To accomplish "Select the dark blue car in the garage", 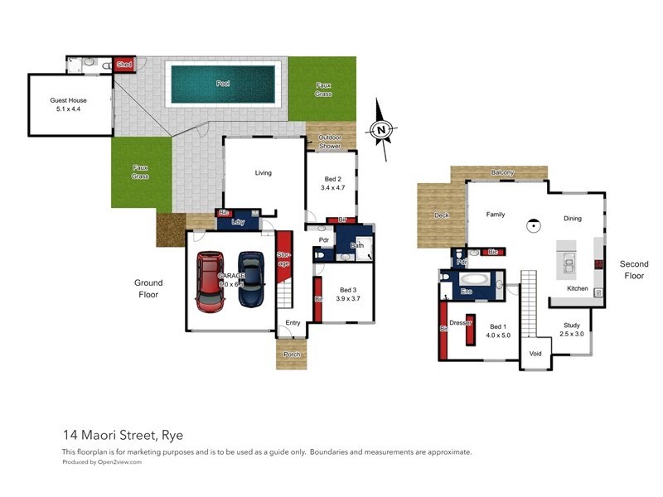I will [x=251, y=280].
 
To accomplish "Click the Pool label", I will [x=223, y=84].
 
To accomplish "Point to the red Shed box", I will [x=124, y=65].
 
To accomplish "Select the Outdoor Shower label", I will [x=331, y=142].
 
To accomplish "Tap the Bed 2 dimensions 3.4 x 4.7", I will [x=331, y=188].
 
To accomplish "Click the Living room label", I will [x=263, y=173].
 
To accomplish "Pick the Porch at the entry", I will [x=291, y=355].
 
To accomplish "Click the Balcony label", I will [x=502, y=172].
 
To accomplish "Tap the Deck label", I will [x=441, y=215].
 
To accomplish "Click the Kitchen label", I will [x=578, y=288].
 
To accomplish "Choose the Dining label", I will [x=572, y=219].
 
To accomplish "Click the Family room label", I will [x=496, y=215].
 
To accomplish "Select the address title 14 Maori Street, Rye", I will [x=122, y=435].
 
